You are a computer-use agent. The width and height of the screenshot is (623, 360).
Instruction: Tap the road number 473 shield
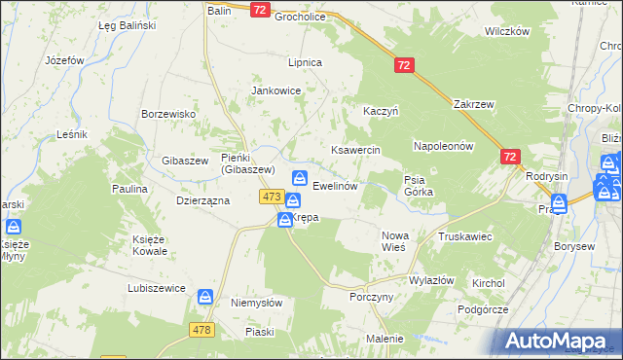(x=272, y=198)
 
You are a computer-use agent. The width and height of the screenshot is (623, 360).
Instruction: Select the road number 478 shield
(x=202, y=329)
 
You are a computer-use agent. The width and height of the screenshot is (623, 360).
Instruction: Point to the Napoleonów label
(x=443, y=146)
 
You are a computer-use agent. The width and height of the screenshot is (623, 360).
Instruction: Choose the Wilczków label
(x=506, y=31)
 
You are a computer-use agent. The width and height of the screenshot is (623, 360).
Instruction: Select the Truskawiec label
(x=464, y=236)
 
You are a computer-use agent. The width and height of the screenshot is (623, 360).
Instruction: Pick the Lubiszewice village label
(x=156, y=288)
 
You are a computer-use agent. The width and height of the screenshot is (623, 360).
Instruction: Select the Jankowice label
(x=276, y=90)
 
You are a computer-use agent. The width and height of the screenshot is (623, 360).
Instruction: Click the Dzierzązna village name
(x=202, y=199)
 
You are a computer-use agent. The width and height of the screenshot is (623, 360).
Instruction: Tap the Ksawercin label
(x=355, y=151)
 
